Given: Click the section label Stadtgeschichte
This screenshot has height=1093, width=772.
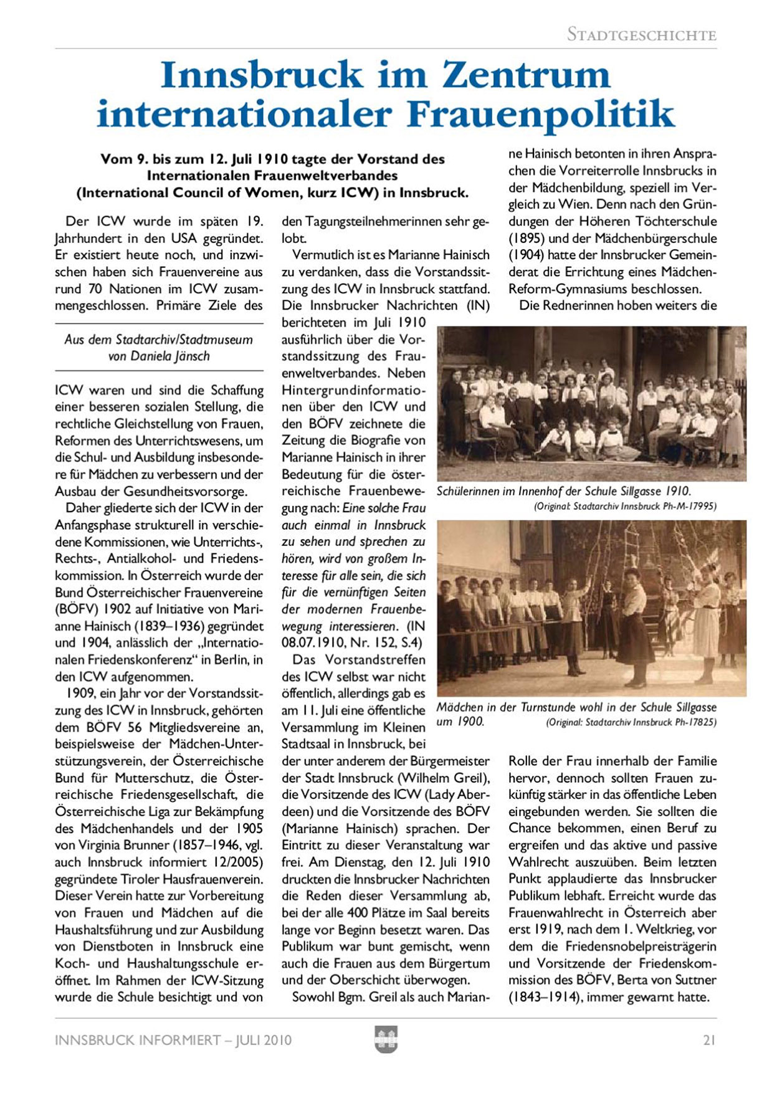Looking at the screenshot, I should coord(641,35).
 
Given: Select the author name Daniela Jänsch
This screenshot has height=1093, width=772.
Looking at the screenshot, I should coord(168,356).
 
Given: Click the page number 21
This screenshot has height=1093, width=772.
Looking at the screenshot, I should coord(709,1040).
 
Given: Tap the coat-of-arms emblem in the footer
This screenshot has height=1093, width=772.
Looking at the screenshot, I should coord(386,1039).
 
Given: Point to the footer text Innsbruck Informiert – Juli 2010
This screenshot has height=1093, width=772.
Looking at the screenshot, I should coord(173,1040).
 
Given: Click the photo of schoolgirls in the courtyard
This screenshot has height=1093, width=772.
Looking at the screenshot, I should coord(591,404).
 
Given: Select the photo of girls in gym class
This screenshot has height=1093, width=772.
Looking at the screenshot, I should coord(591,608).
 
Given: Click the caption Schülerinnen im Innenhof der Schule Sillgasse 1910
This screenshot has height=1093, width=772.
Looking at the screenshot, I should coord(564,491).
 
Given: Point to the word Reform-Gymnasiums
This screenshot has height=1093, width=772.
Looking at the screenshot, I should coord(564,289).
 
